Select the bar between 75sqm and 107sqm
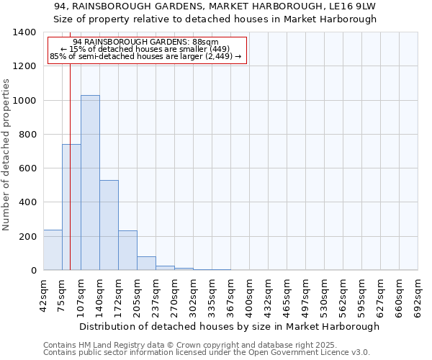71,207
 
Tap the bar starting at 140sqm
109,225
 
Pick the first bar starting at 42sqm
53,250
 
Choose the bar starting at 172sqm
127,250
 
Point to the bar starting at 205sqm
146,263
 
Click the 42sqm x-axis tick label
43,294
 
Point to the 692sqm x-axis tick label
418,294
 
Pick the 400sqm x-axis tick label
249,294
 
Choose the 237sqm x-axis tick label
156,294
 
